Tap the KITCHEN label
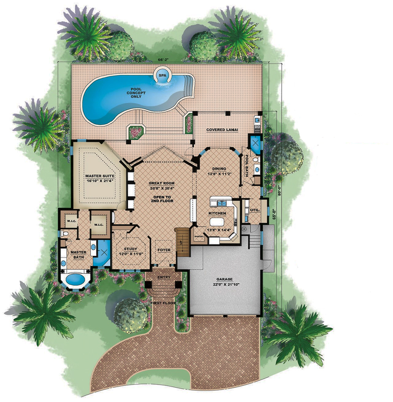point(217,213)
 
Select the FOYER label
point(164,250)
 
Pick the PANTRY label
point(199,237)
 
